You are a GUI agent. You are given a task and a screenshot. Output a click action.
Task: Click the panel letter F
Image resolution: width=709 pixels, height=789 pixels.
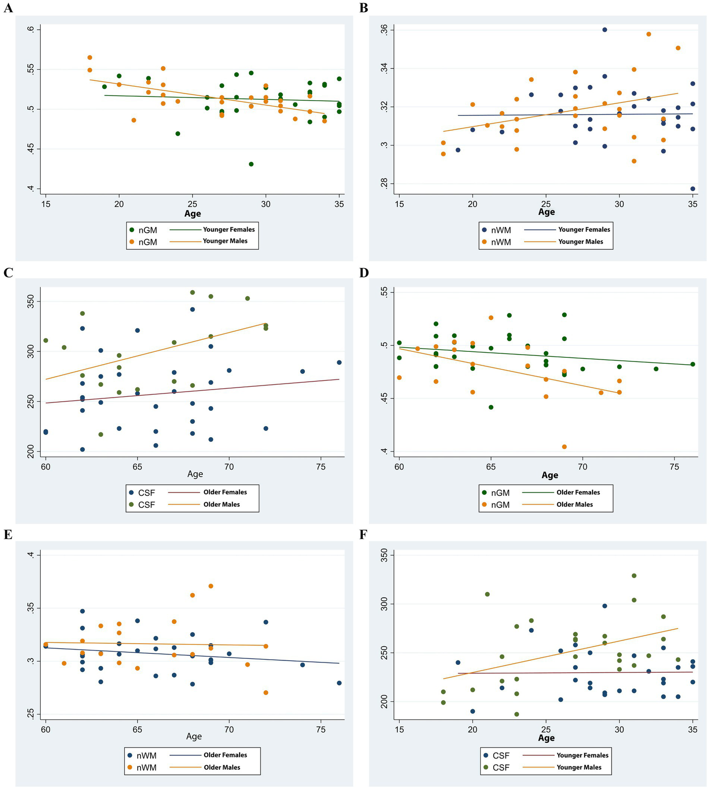364,534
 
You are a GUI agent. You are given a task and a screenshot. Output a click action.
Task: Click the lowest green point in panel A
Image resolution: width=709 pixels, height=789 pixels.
251,164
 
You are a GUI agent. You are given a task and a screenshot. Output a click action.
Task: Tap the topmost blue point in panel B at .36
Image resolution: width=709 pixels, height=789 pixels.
605,30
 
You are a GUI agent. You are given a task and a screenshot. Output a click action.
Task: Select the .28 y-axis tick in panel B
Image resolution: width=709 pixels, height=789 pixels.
384,184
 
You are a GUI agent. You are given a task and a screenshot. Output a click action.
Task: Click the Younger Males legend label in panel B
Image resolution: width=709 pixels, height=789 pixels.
581,241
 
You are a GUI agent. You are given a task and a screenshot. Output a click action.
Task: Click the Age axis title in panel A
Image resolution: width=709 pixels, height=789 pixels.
193,213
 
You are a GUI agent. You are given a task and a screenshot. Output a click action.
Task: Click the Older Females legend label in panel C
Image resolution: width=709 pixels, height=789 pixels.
225,492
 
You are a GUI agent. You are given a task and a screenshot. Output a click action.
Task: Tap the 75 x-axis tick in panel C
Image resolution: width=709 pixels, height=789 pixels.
321,467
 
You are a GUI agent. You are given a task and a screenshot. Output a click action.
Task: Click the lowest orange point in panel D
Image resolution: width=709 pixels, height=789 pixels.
564,446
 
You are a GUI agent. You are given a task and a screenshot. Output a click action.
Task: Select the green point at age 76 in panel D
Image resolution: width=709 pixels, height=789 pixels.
693,364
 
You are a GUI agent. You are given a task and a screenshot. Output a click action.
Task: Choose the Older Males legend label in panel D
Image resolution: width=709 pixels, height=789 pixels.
575,505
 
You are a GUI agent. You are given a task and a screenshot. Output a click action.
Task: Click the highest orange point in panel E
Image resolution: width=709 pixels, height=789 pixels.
211,586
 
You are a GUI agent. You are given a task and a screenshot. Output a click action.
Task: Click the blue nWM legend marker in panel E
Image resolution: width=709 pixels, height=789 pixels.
130,755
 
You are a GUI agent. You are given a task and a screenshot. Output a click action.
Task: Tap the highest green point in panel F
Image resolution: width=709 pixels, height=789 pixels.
634,576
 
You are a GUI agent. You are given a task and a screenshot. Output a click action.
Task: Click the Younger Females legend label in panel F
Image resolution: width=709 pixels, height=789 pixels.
582,755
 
